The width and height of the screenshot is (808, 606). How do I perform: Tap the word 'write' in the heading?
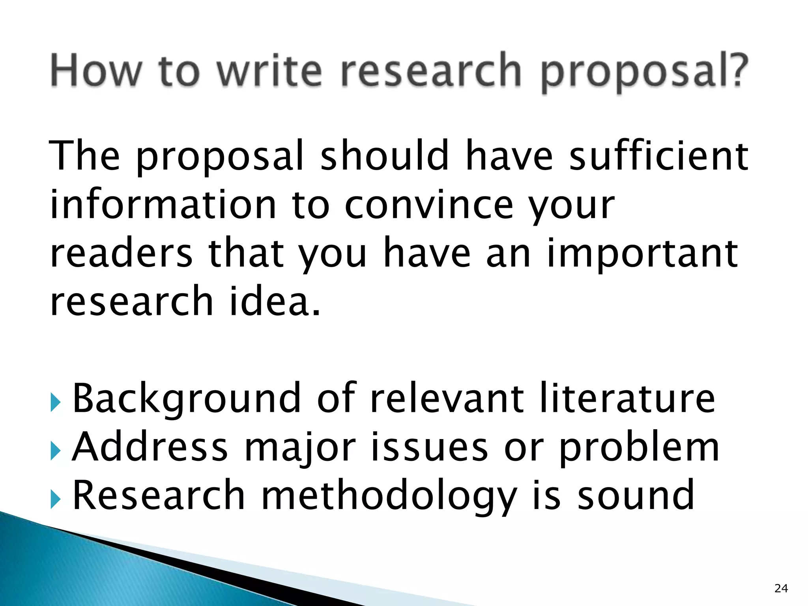tap(269, 71)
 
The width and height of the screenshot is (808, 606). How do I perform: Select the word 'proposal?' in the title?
tap(644, 73)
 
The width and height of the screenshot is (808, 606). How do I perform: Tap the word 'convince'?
tap(429, 205)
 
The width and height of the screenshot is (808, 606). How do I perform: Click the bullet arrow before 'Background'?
tap(56, 404)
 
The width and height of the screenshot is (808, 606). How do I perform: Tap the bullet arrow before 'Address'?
tap(56, 452)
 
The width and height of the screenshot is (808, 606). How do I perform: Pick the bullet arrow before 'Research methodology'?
tap(56, 500)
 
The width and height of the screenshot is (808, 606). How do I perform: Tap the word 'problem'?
tap(640, 448)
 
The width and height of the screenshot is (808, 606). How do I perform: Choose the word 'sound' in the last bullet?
tap(636, 495)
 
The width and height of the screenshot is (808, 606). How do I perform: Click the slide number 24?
tap(781, 588)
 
